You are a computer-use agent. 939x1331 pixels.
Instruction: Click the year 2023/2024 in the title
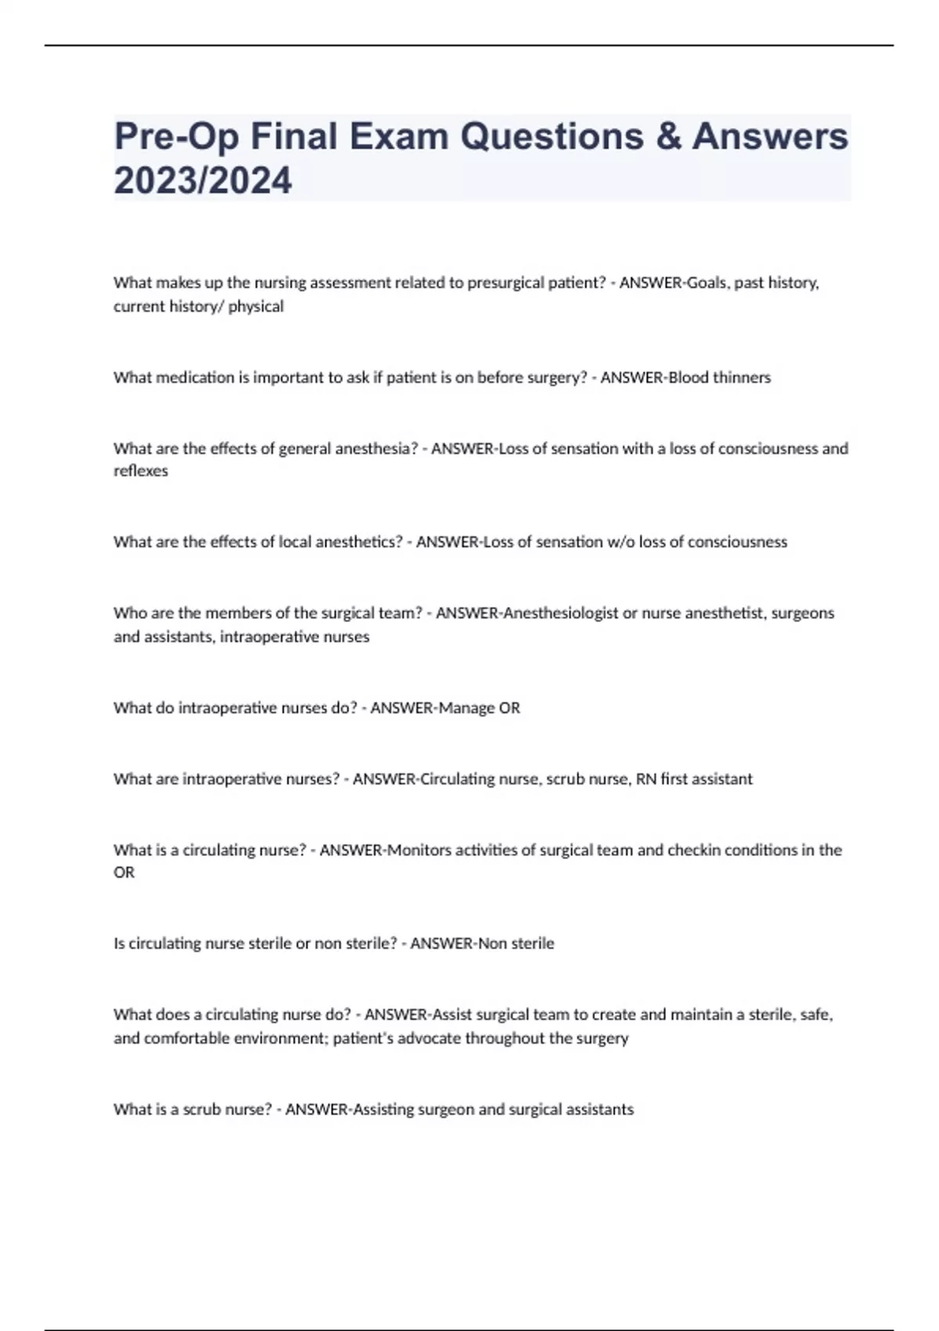point(203,180)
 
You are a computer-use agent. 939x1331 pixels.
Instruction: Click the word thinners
point(741,377)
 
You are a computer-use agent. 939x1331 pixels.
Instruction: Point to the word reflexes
point(141,471)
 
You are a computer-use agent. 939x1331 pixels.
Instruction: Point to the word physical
point(256,306)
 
